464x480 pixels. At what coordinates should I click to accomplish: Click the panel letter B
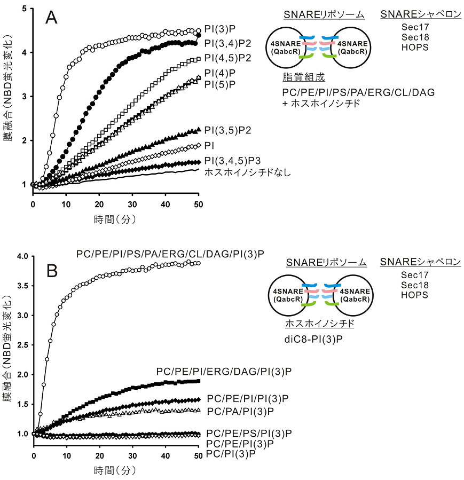52,271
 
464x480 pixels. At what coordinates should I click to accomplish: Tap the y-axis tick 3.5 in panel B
22,286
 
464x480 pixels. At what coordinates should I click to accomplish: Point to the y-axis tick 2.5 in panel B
22,345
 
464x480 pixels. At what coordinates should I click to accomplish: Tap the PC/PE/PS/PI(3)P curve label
248,433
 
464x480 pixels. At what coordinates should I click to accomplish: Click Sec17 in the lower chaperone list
414,274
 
